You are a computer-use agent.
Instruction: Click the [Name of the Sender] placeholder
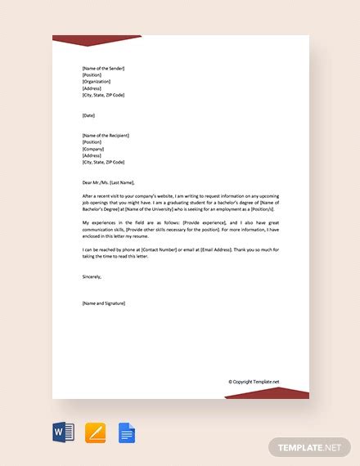coord(103,68)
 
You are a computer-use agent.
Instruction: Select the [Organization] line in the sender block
coord(96,81)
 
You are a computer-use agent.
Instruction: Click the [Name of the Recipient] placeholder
coord(106,135)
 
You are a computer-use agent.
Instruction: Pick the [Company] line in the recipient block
coord(93,148)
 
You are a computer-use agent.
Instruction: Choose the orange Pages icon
coord(97,430)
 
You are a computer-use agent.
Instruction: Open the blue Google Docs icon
coord(126,430)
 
